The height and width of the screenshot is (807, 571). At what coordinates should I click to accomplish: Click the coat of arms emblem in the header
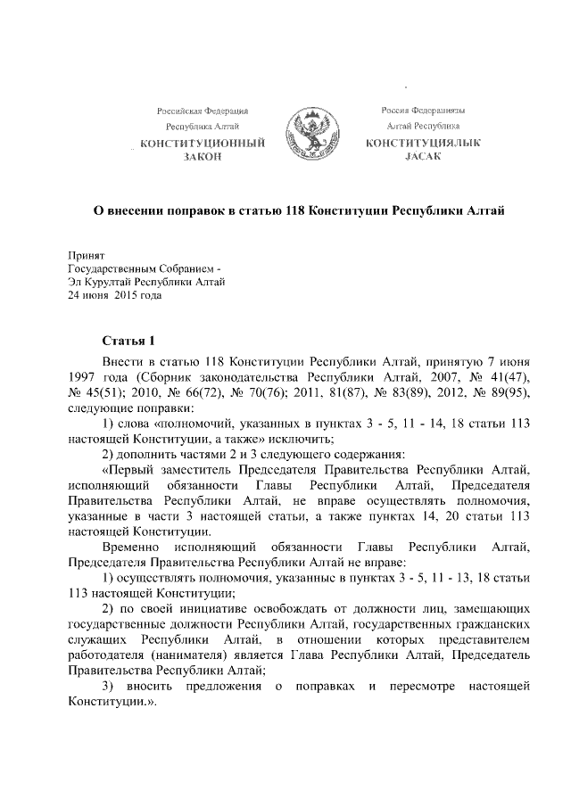click(x=309, y=136)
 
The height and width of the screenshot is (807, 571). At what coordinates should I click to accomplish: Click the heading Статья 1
click(x=128, y=342)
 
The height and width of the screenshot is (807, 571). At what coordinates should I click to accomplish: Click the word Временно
click(x=131, y=546)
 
